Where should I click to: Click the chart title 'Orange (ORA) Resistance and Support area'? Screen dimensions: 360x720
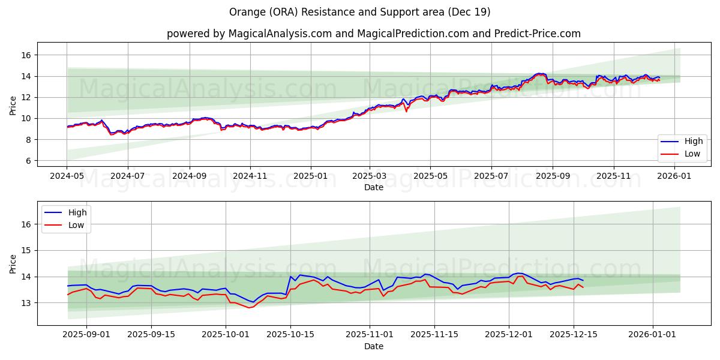(x=359, y=12)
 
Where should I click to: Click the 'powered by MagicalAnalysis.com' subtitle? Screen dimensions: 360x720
(x=373, y=34)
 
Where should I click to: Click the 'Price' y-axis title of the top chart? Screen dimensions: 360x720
(x=13, y=104)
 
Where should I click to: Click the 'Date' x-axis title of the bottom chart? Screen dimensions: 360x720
(x=373, y=346)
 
